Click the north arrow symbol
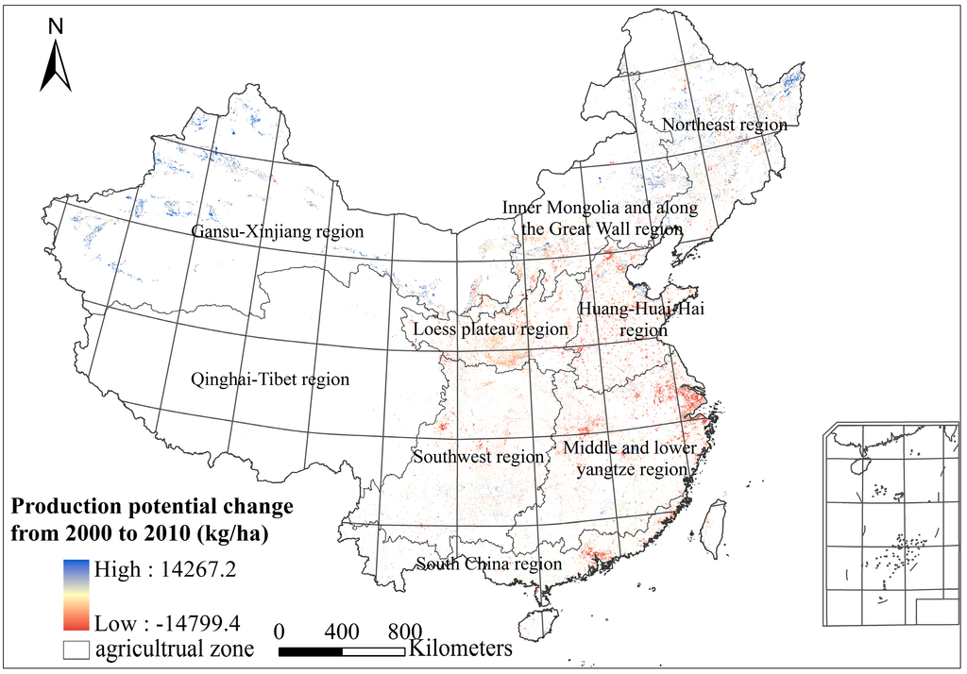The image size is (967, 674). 56,66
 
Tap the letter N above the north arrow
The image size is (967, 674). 56,26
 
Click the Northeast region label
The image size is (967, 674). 724,125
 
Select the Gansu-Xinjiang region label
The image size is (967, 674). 278,231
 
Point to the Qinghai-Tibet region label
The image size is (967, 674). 270,379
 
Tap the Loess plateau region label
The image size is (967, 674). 491,329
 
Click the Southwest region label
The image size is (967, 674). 479,457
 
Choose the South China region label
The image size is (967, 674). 489,564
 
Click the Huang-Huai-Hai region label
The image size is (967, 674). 641,320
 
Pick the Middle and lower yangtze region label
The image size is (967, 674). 628,458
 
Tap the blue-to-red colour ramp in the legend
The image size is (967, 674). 77,596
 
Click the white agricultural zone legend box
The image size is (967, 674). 77,650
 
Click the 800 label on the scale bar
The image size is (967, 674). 403,631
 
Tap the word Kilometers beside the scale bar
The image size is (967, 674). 461,649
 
